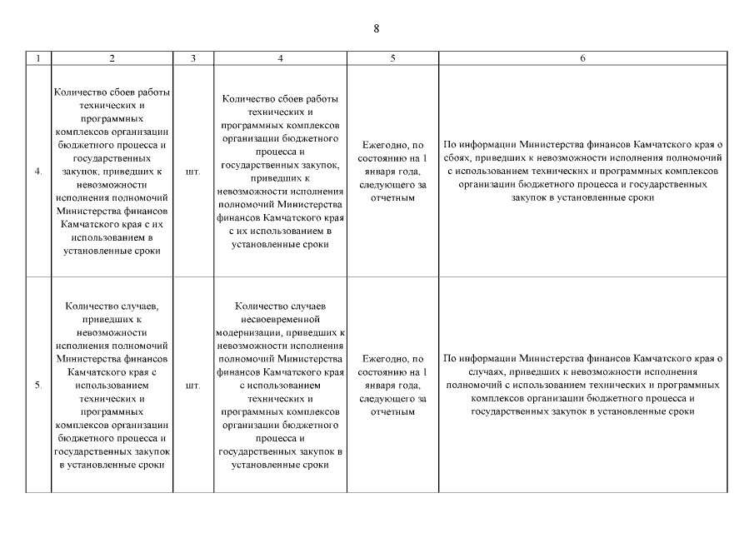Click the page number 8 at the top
click(x=377, y=28)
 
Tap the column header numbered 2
click(x=112, y=58)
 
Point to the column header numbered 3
click(x=193, y=58)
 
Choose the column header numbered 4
click(x=280, y=58)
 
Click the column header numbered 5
click(x=392, y=58)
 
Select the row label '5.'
click(x=38, y=386)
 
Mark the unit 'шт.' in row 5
click(x=193, y=386)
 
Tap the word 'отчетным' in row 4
click(x=392, y=198)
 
